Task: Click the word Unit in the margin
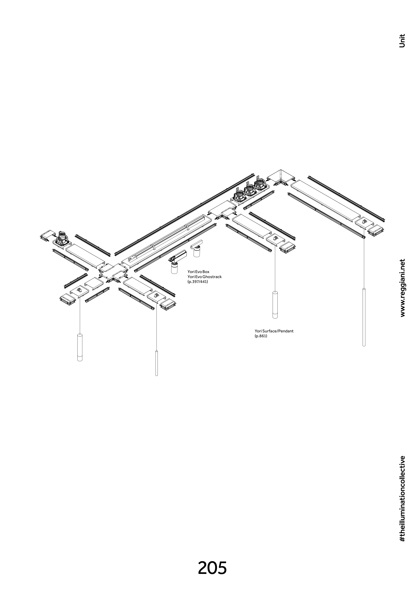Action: click(x=402, y=41)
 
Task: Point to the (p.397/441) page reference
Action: click(x=198, y=282)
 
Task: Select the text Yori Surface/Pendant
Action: click(x=274, y=331)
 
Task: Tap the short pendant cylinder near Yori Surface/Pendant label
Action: click(x=275, y=305)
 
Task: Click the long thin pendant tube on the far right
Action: click(x=364, y=317)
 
